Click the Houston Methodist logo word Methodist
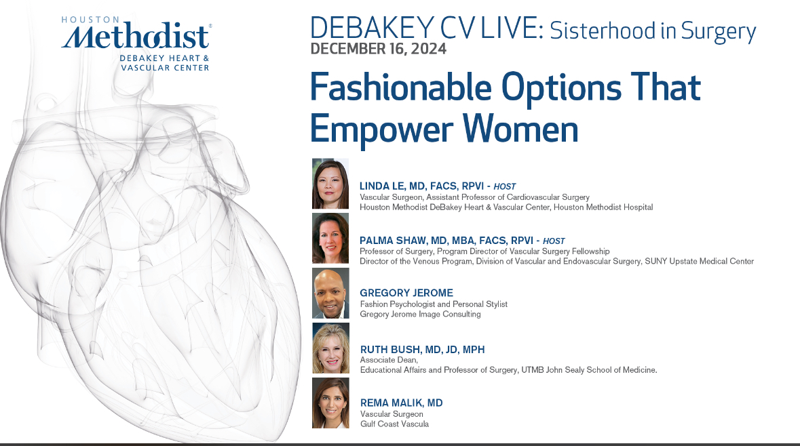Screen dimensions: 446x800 point(136,37)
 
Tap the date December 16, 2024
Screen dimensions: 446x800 point(379,49)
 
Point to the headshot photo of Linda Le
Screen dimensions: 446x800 point(330,184)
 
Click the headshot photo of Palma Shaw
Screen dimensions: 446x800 point(330,238)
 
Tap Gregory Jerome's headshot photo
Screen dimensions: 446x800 point(330,293)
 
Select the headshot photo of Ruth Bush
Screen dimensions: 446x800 point(330,348)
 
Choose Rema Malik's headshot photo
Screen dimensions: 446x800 point(330,403)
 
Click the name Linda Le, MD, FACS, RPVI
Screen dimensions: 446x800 point(422,186)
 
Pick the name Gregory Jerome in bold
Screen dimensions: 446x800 point(406,293)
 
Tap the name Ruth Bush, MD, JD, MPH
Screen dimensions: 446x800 point(422,349)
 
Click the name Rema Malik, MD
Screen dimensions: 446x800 point(401,403)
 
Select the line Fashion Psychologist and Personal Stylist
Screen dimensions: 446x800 point(434,304)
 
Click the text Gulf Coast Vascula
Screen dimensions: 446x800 point(394,424)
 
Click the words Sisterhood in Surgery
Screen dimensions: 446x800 point(652,31)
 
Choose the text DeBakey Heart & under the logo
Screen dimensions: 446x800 point(164,59)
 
